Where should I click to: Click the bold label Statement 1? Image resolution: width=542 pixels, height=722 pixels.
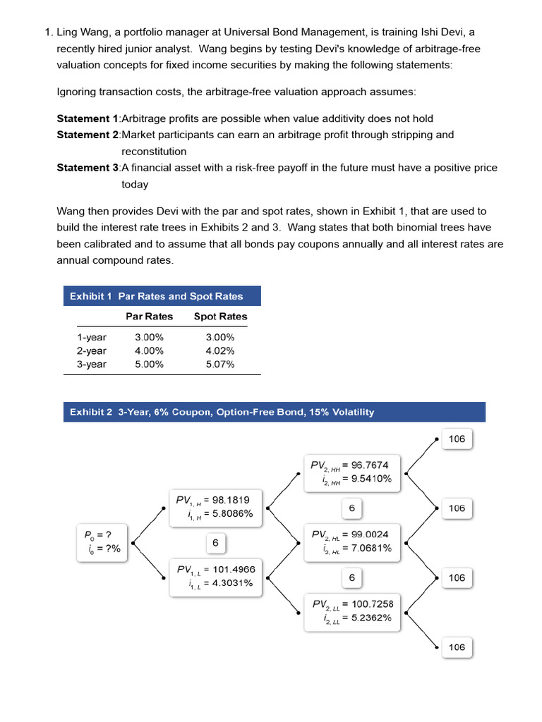click(x=88, y=118)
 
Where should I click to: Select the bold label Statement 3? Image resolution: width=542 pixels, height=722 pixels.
click(x=88, y=168)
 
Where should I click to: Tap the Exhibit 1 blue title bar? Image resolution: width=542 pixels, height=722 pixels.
click(x=162, y=296)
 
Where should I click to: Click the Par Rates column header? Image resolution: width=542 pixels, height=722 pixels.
click(x=149, y=317)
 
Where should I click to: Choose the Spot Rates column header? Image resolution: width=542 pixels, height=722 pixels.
click(x=220, y=317)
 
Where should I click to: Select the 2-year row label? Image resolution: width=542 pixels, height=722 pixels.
click(x=92, y=350)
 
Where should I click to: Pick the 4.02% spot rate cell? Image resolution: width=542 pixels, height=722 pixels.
click(x=220, y=350)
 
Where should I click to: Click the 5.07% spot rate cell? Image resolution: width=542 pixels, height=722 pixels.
click(x=220, y=364)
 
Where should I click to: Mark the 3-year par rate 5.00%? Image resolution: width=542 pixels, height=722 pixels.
click(x=149, y=364)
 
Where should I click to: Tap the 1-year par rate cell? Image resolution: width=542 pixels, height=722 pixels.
click(x=149, y=337)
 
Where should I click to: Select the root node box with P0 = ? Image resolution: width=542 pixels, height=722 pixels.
click(x=102, y=544)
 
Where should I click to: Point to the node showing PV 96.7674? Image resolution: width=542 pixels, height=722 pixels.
click(x=351, y=472)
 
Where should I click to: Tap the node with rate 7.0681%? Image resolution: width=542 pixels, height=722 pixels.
click(x=351, y=541)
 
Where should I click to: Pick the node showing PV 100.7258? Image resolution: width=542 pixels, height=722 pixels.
click(x=351, y=611)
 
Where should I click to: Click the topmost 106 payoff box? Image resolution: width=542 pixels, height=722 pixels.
click(x=457, y=439)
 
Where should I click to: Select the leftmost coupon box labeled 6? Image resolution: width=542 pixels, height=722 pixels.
click(x=215, y=543)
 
